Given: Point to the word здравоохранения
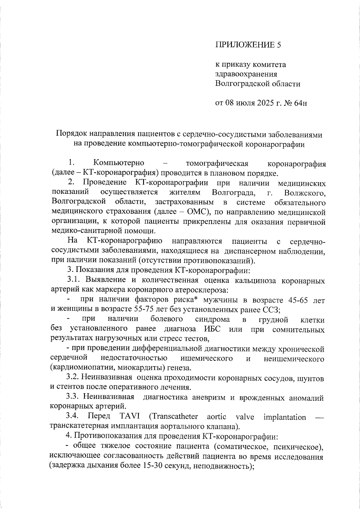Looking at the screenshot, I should point(246,74).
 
